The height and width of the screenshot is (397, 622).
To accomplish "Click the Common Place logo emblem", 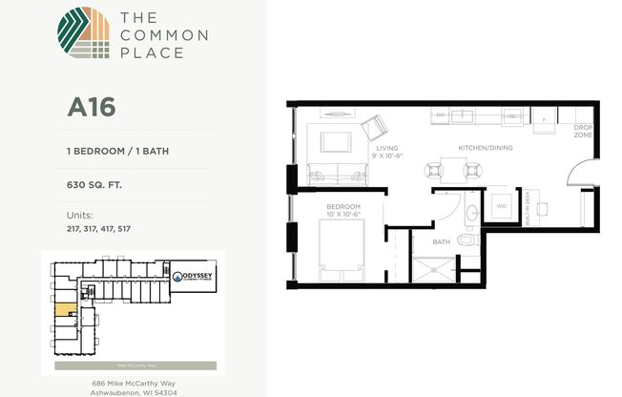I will point(83,35).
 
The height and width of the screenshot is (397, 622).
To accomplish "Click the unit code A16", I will point(91,106).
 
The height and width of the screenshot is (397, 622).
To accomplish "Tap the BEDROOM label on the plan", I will point(343,207).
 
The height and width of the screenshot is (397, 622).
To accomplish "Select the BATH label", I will point(441,242).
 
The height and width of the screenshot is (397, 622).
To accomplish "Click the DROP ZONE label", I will point(583,131).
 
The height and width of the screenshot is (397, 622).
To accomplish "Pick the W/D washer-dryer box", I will point(500,206).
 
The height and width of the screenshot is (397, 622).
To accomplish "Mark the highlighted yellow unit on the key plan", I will point(64,310).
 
